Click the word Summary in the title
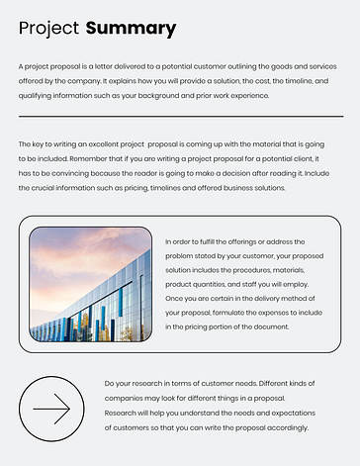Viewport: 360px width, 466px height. point(131,29)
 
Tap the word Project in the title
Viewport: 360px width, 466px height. point(48,29)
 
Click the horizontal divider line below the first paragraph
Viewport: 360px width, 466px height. point(180,117)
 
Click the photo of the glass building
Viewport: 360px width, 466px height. point(90,284)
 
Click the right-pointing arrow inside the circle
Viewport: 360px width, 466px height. point(51,408)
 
